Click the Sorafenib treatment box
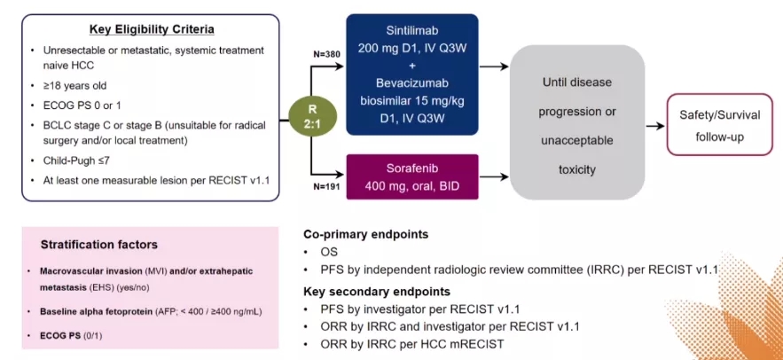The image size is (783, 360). (x=412, y=176)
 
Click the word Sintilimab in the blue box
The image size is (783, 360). (x=412, y=29)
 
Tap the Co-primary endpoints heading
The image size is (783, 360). (x=366, y=235)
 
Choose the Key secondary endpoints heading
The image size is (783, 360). (x=377, y=291)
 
